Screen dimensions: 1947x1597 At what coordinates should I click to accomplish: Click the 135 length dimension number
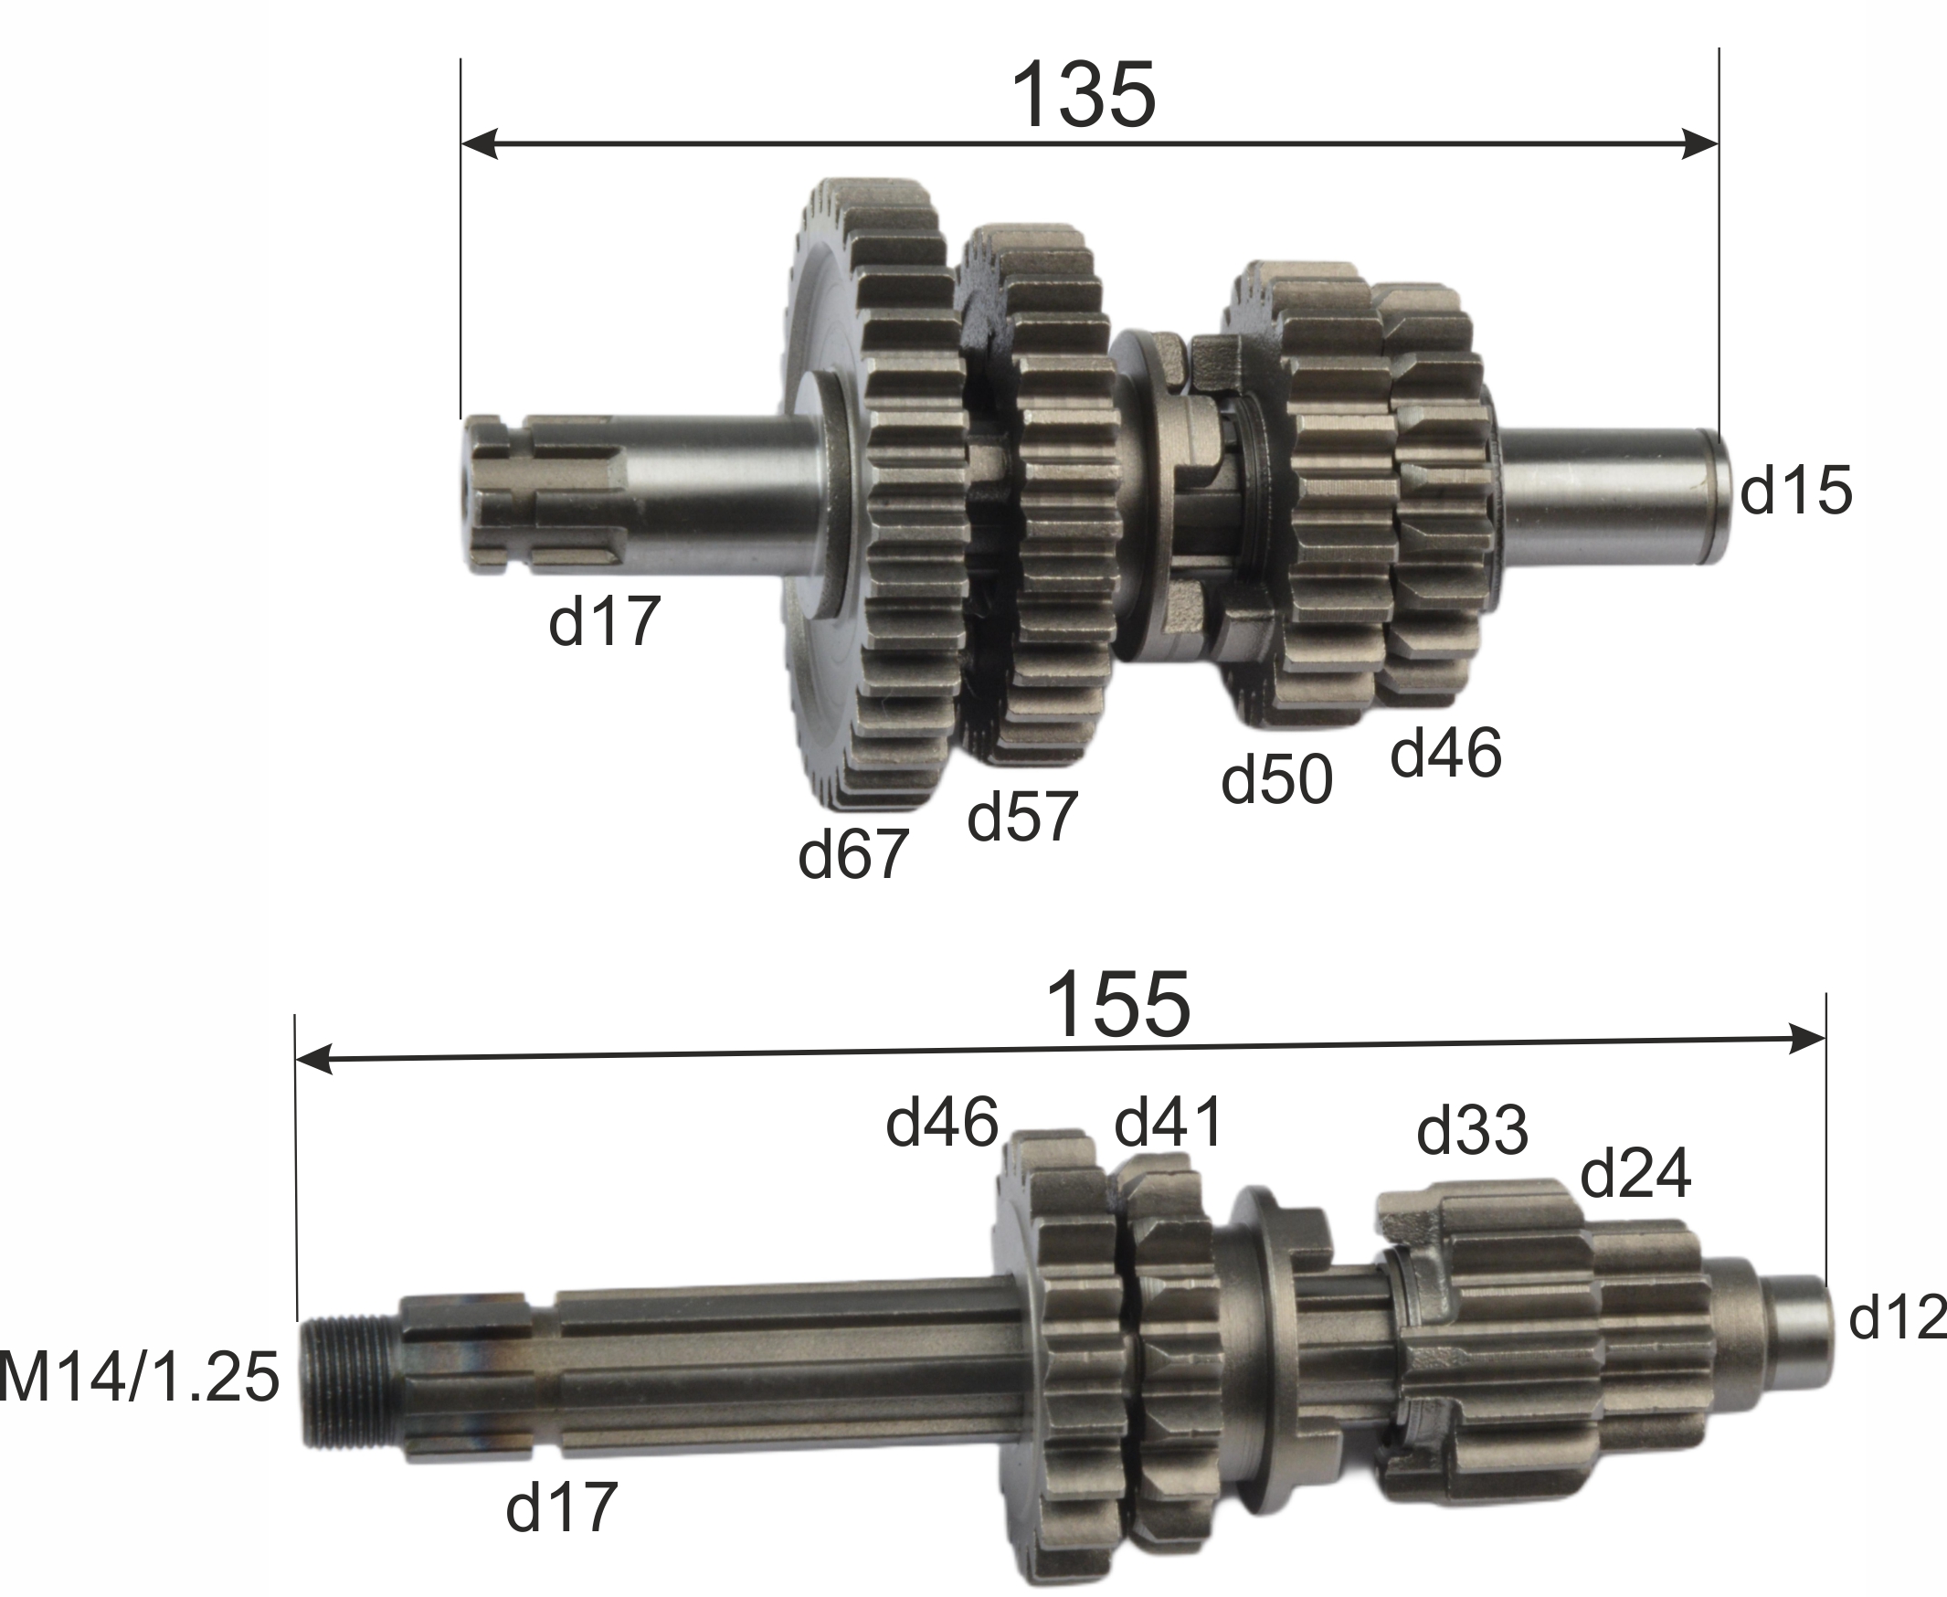click(1082, 96)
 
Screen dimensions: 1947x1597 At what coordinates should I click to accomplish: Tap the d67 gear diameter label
click(853, 853)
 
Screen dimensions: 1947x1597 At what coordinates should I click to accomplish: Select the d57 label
click(1022, 816)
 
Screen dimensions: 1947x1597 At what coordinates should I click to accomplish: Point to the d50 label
click(1276, 779)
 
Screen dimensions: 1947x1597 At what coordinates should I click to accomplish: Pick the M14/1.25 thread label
click(138, 1377)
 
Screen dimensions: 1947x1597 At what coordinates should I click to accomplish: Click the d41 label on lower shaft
click(1169, 1121)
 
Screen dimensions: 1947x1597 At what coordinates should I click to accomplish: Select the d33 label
click(1472, 1129)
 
